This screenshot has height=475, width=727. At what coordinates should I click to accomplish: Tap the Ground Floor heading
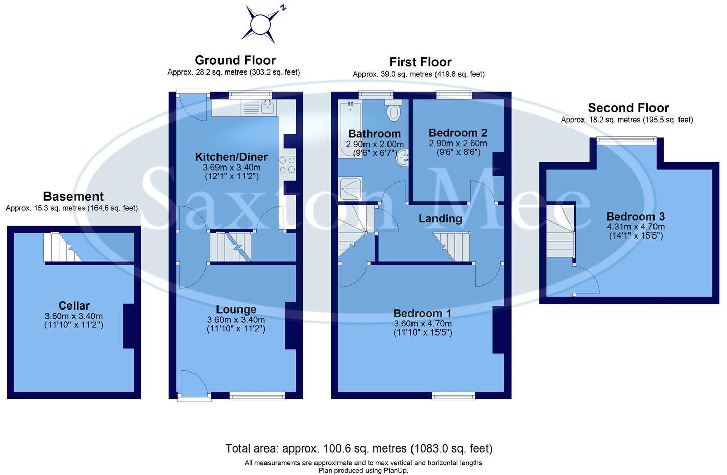point(235,60)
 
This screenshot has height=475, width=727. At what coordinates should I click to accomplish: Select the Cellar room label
point(74,306)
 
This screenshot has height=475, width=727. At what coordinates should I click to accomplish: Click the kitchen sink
point(268,107)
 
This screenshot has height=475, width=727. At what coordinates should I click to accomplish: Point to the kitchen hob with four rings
point(287,164)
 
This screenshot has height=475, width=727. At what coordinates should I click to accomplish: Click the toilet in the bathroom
point(394,110)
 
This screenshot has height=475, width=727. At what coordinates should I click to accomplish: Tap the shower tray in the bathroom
point(350,188)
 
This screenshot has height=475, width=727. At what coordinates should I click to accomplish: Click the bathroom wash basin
point(403,158)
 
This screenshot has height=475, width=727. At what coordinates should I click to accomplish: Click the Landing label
point(440,219)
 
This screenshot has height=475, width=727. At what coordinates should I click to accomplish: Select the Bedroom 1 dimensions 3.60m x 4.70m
point(423,324)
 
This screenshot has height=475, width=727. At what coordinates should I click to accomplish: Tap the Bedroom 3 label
point(635,217)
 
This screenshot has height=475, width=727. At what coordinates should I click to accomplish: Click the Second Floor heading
point(628,108)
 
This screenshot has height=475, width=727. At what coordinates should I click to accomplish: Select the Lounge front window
point(257,396)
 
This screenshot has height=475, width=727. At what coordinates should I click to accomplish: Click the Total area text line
point(358,449)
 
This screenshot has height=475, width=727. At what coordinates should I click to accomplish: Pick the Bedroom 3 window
point(627,139)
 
